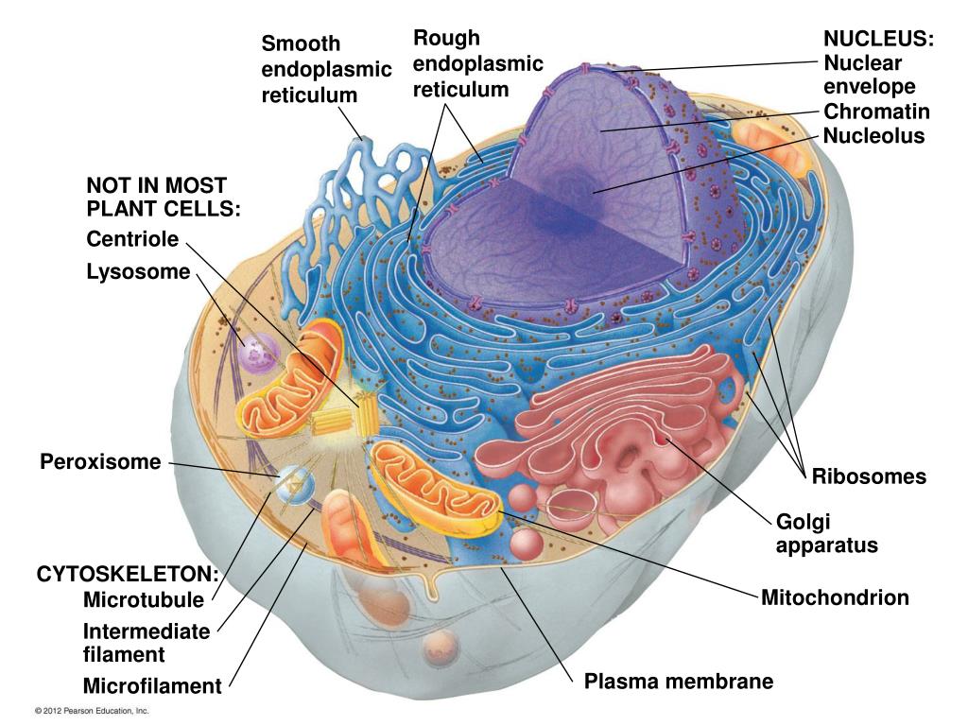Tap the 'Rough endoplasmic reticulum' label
click(x=477, y=63)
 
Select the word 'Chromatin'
click(x=876, y=112)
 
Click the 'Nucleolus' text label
click(x=873, y=136)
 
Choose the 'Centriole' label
click(x=132, y=239)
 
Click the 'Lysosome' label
click(x=138, y=272)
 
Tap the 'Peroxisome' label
click(x=101, y=462)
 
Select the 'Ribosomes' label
click(x=869, y=476)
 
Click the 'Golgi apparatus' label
click(x=826, y=533)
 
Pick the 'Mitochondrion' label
click(x=835, y=597)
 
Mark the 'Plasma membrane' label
click(x=678, y=681)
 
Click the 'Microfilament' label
click(x=151, y=686)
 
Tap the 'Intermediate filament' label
click(x=147, y=642)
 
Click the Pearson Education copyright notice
click(x=92, y=711)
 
